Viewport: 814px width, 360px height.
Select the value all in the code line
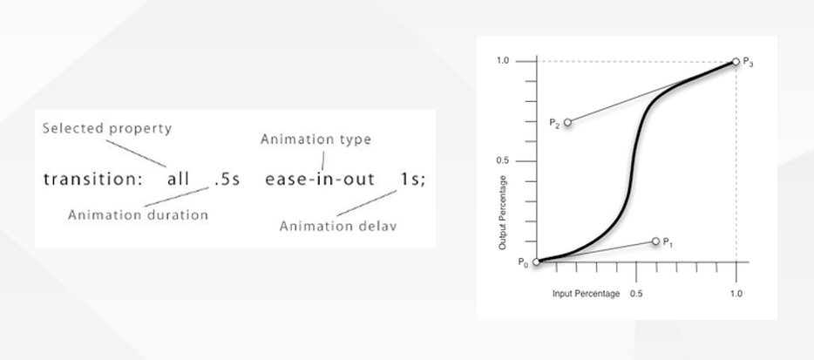pyautogui.click(x=178, y=179)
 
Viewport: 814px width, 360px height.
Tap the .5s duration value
pyautogui.click(x=227, y=180)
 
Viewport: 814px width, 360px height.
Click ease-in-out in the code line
pyautogui.click(x=320, y=180)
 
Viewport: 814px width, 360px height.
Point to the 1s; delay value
pyautogui.click(x=413, y=180)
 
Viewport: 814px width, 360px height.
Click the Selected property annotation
pyautogui.click(x=107, y=129)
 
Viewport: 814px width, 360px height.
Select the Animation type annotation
pyautogui.click(x=315, y=139)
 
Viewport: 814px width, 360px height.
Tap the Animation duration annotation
pyautogui.click(x=138, y=214)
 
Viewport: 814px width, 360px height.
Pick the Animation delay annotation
pyautogui.click(x=338, y=226)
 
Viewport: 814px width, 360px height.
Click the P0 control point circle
pyautogui.click(x=536, y=262)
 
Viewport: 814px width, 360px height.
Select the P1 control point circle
pyautogui.click(x=655, y=241)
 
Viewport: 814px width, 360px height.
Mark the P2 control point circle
pyautogui.click(x=567, y=122)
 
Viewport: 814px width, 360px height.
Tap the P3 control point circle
pyautogui.click(x=736, y=61)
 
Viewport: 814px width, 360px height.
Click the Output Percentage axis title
pyautogui.click(x=502, y=212)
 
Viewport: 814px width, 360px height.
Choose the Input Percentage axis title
pyautogui.click(x=587, y=294)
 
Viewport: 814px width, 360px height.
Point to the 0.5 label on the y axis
pyautogui.click(x=503, y=160)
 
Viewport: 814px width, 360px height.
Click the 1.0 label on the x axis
pyautogui.click(x=736, y=294)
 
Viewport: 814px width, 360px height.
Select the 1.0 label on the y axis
pyautogui.click(x=503, y=61)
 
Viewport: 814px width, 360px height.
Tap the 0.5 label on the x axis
pyautogui.click(x=636, y=294)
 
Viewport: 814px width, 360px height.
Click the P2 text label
pyautogui.click(x=554, y=123)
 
